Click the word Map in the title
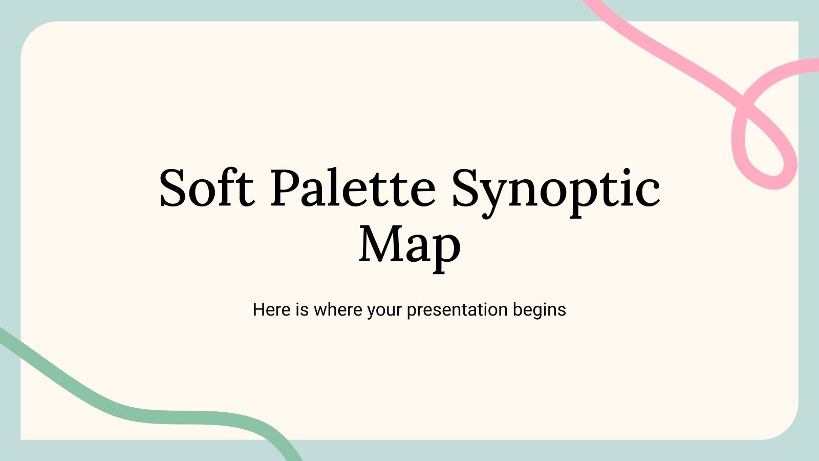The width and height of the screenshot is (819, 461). click(409, 244)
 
